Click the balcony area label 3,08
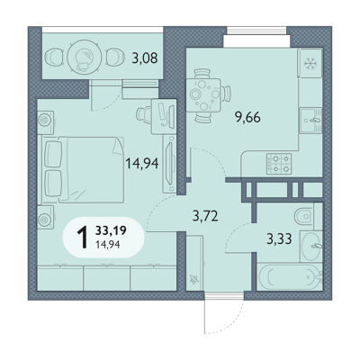coord(145,58)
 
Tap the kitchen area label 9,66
coord(247,117)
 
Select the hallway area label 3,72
coord(205,216)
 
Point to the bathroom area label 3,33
coord(279,239)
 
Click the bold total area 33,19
coord(111,230)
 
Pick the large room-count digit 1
coord(83,238)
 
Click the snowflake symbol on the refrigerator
coord(309,64)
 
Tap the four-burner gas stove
coord(279,164)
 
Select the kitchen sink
coord(310,121)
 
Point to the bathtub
coord(290,277)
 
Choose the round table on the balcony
coord(84,56)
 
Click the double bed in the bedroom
coord(83,169)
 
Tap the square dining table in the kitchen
coord(203,95)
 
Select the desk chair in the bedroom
coord(144,114)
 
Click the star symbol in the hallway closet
coord(194,280)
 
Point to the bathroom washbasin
coord(310,247)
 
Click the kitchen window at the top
coord(256,31)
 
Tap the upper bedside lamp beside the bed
coord(45,120)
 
